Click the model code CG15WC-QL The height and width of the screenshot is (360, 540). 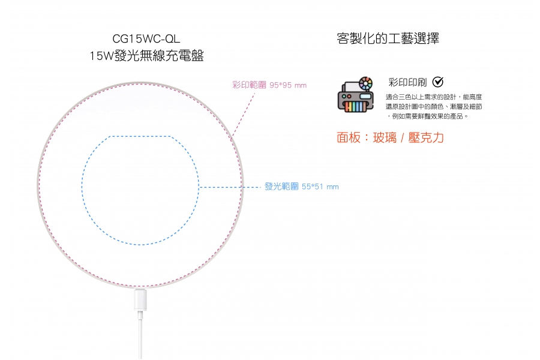[146, 40]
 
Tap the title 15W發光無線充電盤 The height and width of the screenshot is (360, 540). [146, 57]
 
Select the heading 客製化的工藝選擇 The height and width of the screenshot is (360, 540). [388, 39]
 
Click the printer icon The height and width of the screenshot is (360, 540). [355, 95]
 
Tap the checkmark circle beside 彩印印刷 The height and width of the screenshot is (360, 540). [438, 82]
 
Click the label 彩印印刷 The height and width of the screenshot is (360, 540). [407, 82]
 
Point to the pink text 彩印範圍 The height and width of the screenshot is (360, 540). [249, 85]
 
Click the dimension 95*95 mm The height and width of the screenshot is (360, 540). [288, 85]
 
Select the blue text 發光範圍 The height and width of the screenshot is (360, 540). [282, 187]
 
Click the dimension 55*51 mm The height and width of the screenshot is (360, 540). [320, 187]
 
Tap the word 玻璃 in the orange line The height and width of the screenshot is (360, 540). [385, 137]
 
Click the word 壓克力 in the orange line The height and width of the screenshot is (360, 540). [426, 137]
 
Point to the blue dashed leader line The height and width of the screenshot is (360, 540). [231, 187]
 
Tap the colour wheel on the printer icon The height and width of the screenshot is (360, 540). [365, 83]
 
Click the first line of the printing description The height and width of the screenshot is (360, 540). [434, 97]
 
